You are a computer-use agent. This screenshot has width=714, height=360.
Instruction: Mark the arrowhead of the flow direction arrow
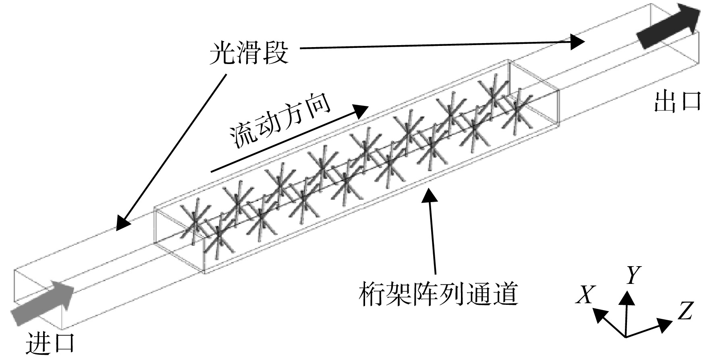360,110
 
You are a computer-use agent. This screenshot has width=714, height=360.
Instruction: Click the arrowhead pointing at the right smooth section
576,41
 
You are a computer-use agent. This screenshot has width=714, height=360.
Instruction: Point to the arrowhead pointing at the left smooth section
123,223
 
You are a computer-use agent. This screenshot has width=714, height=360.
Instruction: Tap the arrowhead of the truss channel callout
430,196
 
